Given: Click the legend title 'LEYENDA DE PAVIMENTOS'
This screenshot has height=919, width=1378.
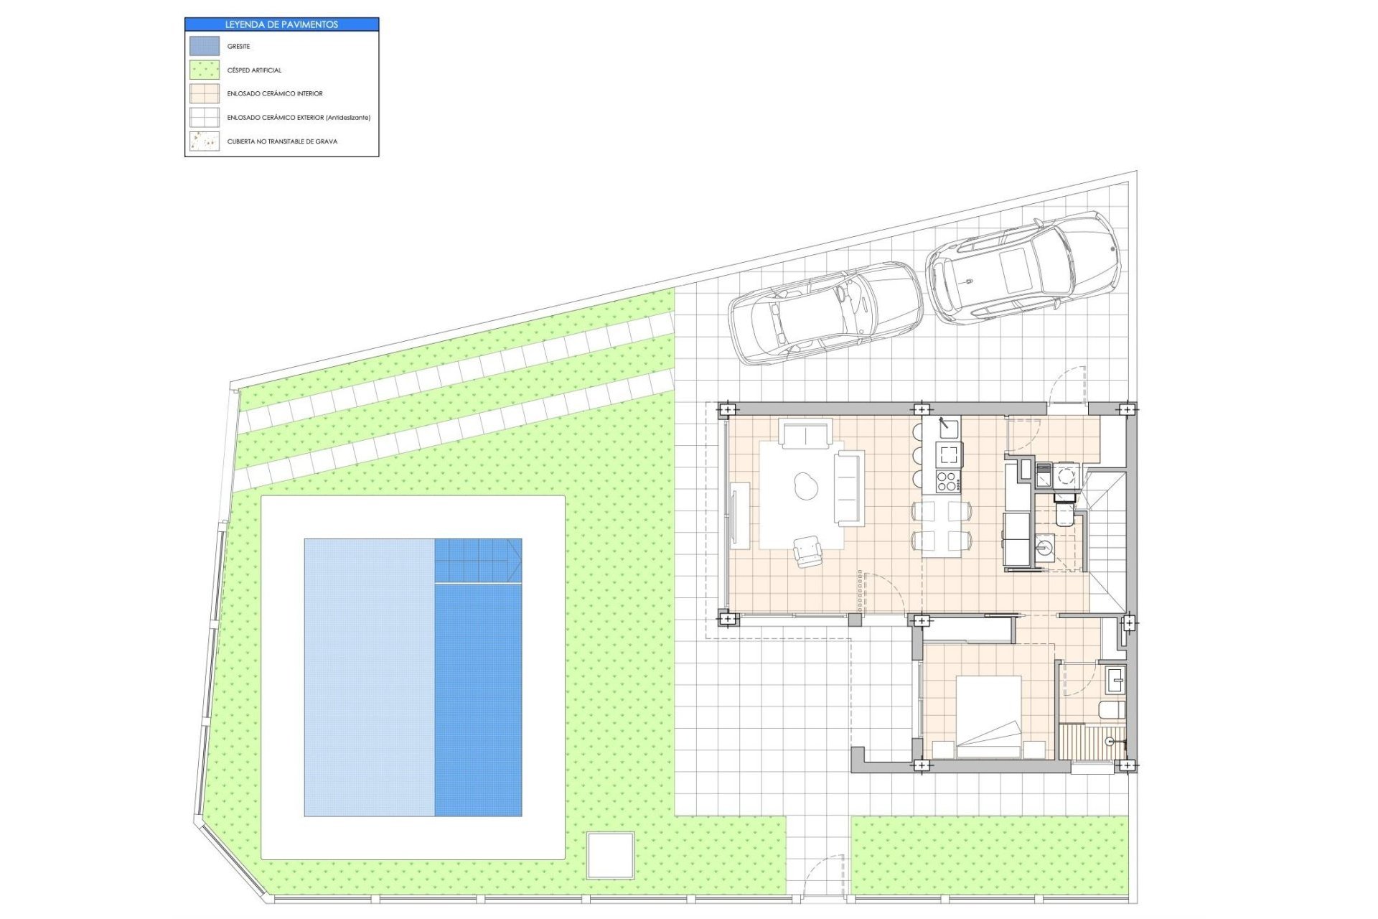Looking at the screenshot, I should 281,24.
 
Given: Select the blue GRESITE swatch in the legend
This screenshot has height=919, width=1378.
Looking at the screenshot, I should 205,46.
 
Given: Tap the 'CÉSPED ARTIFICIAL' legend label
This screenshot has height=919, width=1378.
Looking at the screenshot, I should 254,70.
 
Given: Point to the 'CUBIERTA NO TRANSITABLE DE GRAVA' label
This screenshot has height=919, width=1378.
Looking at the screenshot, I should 282,141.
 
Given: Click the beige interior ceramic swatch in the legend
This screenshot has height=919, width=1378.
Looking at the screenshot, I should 205,94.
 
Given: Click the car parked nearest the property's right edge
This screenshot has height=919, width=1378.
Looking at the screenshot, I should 1023,267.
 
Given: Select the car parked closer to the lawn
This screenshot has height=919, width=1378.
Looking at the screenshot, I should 825,313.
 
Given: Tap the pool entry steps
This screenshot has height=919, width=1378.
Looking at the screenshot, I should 478,561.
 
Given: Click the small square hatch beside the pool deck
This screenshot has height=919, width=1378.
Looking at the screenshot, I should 611,855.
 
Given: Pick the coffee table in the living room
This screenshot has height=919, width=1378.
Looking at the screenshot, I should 806,486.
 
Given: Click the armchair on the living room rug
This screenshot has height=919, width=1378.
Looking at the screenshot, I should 809,551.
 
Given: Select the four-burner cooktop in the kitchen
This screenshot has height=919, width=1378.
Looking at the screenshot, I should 947,482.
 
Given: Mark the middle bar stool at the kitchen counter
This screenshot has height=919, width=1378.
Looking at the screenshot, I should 918,455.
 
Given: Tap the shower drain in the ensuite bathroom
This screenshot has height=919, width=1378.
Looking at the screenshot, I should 1110,741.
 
